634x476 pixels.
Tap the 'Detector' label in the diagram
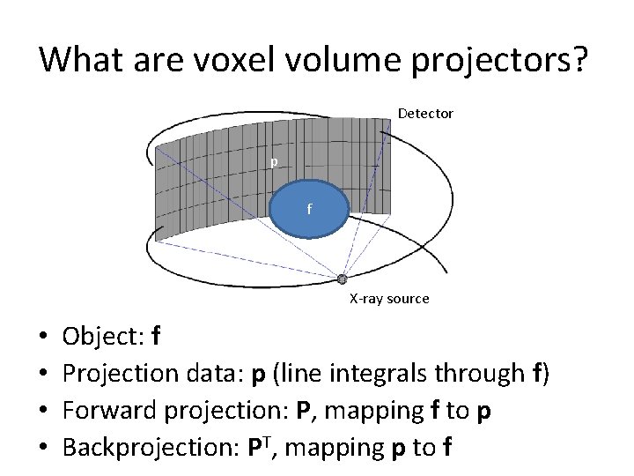[425, 114]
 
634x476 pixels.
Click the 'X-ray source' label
[389, 299]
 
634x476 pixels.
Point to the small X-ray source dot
[343, 279]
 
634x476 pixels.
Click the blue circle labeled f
[308, 210]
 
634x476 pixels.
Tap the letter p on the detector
[274, 162]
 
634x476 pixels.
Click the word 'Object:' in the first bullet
[104, 337]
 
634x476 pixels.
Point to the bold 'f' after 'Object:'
[156, 337]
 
